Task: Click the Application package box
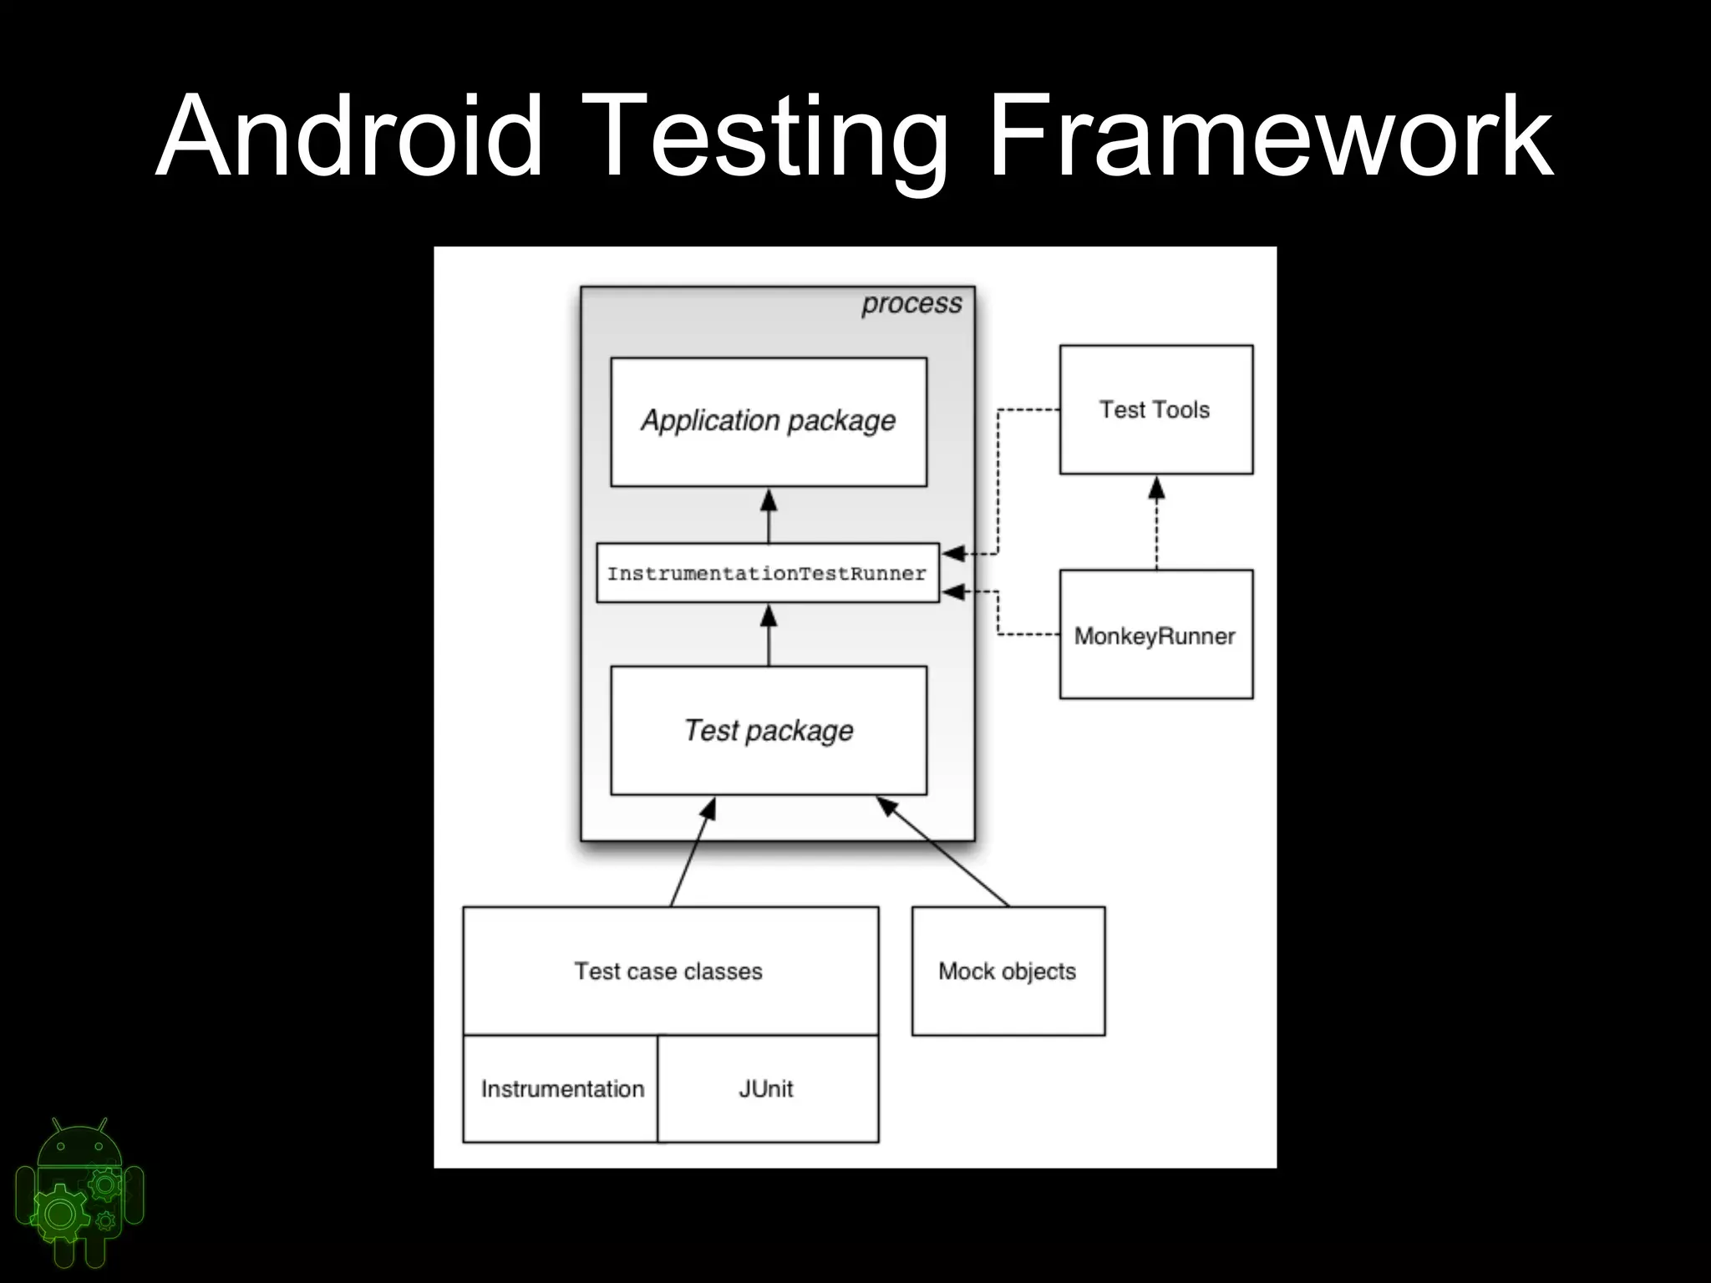point(769,422)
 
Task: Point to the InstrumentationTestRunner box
point(767,573)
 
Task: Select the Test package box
point(769,730)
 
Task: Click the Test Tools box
point(1155,409)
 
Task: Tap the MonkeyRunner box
point(1155,635)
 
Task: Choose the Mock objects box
point(1008,971)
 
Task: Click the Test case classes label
point(668,971)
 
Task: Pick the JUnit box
point(767,1088)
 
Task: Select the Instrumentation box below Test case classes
point(561,1088)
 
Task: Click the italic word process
point(911,303)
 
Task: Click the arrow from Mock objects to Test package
point(944,852)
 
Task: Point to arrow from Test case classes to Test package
point(693,852)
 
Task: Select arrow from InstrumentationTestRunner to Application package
point(769,518)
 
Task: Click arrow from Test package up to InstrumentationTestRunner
point(769,636)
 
